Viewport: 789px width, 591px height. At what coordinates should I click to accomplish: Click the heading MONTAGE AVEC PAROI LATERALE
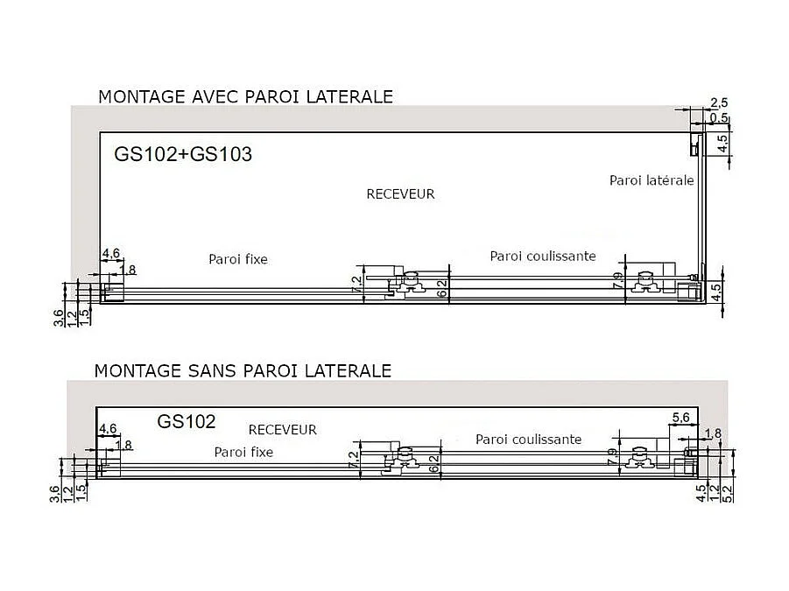tap(245, 95)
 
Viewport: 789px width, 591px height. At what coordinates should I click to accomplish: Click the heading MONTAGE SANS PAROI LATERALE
tap(243, 370)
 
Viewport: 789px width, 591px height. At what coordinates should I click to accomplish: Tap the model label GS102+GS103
tap(183, 154)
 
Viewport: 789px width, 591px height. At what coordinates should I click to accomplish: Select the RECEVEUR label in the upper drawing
tap(400, 194)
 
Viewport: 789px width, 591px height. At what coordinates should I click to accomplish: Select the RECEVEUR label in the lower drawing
tap(282, 430)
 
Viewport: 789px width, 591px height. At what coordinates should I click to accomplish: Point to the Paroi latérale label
tap(652, 180)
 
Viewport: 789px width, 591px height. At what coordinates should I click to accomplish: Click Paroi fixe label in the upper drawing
tap(237, 259)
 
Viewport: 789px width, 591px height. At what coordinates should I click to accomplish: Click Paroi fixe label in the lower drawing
tap(243, 452)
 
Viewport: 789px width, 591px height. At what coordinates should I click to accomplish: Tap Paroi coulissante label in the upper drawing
tap(543, 256)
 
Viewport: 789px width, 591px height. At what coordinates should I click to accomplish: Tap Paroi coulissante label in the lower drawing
tap(528, 440)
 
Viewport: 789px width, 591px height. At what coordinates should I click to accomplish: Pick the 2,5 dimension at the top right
tap(719, 103)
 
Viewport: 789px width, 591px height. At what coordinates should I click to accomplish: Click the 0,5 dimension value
tap(719, 118)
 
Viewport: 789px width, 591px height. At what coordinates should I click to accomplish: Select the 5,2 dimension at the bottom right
tap(726, 494)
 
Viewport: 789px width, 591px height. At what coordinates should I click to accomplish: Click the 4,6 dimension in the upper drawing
tap(110, 255)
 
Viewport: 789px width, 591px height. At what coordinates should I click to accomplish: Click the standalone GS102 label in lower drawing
tap(187, 421)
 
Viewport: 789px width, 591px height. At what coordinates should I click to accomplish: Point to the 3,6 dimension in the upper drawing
tap(59, 318)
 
